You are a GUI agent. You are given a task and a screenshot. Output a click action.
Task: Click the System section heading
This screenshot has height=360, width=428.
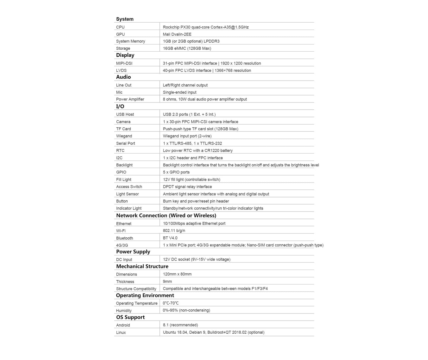click(125, 19)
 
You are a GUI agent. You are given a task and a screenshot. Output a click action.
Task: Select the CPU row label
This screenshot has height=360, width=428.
click(120, 27)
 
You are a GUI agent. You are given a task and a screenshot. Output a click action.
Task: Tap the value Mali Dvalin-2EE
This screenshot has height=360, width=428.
click(177, 34)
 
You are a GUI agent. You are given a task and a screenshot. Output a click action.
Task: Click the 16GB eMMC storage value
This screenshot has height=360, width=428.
click(187, 48)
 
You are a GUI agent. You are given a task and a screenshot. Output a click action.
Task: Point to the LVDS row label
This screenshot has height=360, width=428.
click(121, 70)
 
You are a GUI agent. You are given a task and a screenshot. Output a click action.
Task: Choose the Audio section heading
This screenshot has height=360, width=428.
click(124, 77)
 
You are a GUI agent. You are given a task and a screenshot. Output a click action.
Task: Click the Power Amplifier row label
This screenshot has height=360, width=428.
click(130, 99)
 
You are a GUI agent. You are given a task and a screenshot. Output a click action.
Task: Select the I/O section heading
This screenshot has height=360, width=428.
click(120, 106)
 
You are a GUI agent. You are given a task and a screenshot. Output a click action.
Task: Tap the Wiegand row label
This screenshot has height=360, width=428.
click(124, 136)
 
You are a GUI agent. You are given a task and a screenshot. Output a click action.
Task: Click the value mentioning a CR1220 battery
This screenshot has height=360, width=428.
click(198, 151)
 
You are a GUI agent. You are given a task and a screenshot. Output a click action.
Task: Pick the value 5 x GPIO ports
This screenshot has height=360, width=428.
click(176, 172)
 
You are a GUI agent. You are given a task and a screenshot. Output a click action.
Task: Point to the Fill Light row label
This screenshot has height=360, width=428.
click(124, 180)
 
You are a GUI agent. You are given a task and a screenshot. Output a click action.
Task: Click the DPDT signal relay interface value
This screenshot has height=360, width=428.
click(187, 187)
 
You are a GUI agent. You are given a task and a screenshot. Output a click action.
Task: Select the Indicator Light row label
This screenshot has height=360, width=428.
click(129, 208)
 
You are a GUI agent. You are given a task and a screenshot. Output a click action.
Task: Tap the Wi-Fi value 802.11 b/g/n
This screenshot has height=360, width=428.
click(174, 231)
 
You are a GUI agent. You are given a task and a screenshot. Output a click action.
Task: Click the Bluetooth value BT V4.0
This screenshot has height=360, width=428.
click(170, 238)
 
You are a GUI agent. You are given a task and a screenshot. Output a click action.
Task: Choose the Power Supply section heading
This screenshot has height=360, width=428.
click(133, 252)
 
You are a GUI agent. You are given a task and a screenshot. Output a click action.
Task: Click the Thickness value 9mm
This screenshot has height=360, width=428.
click(167, 281)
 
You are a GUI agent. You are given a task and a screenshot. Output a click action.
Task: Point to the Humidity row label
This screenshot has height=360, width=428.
click(124, 311)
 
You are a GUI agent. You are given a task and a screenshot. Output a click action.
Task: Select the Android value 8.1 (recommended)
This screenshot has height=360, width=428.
click(180, 325)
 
